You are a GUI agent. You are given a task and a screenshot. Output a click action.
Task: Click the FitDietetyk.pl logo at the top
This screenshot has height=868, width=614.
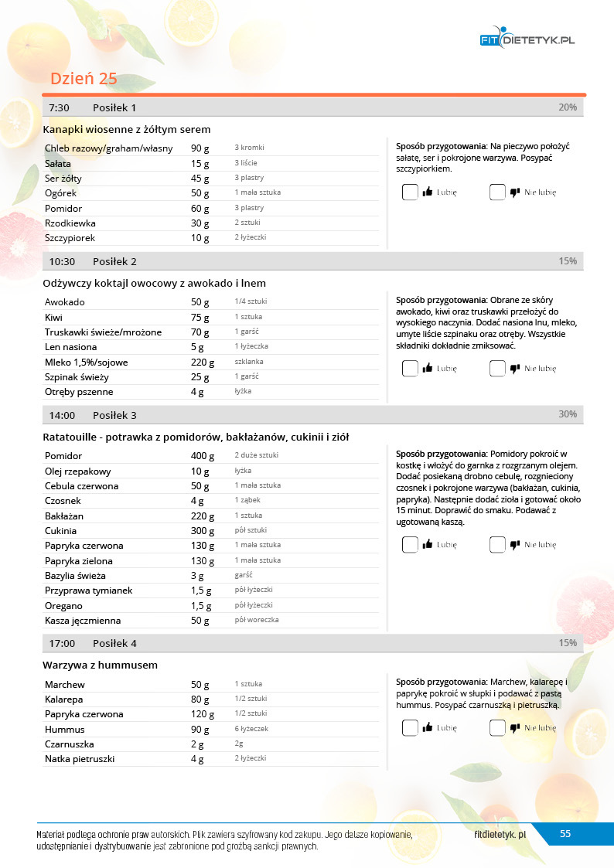tap(528, 40)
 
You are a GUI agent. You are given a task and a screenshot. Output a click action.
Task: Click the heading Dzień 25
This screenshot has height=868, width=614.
tap(84, 79)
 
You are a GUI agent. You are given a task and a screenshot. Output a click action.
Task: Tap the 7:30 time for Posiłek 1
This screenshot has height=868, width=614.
tap(60, 107)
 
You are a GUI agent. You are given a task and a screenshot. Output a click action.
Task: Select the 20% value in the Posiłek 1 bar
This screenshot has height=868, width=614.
tap(567, 107)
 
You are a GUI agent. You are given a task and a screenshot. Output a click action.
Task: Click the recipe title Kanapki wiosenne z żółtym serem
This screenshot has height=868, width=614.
tap(127, 129)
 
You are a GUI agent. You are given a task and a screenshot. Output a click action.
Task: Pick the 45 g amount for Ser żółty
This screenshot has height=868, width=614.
tap(200, 179)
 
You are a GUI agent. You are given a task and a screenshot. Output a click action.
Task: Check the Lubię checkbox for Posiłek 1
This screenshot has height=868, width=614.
tap(410, 192)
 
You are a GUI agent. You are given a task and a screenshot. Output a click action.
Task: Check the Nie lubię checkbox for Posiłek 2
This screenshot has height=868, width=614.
tap(497, 369)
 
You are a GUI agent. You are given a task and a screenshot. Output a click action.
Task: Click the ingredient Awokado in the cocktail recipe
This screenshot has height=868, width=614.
tap(65, 302)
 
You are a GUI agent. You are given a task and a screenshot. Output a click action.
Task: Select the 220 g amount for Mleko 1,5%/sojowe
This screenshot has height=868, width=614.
tap(203, 362)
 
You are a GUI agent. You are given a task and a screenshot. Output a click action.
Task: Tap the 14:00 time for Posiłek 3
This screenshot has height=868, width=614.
tap(62, 415)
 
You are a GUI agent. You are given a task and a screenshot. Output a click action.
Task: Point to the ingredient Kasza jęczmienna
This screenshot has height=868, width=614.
tap(83, 621)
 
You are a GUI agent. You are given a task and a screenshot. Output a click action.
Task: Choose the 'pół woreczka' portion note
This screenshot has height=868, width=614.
tap(257, 620)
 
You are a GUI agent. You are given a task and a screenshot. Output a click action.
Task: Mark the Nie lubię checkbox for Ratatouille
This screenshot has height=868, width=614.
tap(497, 545)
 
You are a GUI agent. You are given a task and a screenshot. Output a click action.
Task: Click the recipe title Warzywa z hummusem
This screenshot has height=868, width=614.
tap(101, 665)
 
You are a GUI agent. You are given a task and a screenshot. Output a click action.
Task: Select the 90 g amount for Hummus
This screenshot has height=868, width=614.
tap(200, 730)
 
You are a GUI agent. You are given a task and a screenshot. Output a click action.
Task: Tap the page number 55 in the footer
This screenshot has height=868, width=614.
tap(565, 833)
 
